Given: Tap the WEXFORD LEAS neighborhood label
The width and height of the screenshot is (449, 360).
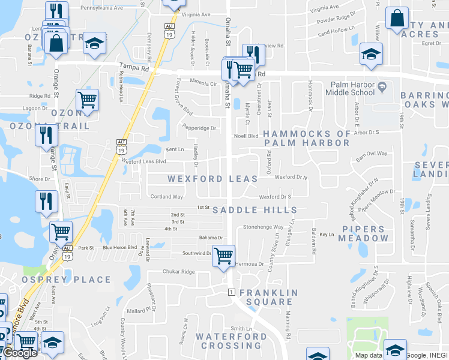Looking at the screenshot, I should (x=212, y=179).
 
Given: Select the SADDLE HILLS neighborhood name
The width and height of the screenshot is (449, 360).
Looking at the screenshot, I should (x=255, y=209).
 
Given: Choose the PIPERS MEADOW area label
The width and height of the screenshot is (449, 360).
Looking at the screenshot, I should (x=363, y=233).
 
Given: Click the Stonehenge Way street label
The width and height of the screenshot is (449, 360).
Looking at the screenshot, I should (x=263, y=227).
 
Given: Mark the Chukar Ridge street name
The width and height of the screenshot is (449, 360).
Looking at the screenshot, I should (x=179, y=271).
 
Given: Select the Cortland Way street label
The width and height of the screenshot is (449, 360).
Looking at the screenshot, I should (x=166, y=196).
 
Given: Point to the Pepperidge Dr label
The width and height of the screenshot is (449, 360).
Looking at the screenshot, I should (x=199, y=128).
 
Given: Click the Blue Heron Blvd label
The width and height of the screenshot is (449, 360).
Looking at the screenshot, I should (x=120, y=247).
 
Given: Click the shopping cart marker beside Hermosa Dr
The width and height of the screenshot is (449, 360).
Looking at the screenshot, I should (x=224, y=257).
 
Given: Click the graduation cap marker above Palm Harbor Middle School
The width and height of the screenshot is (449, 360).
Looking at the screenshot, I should (x=372, y=55).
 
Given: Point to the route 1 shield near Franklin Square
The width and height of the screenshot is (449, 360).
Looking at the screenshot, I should (x=231, y=292).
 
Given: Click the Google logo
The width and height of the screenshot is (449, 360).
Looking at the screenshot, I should (x=20, y=353).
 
